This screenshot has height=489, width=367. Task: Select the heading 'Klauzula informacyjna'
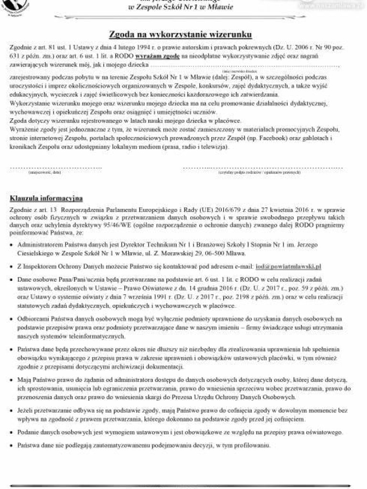pyautogui.click(x=46, y=198)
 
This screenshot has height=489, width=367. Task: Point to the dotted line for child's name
pyautogui.click(x=244, y=65)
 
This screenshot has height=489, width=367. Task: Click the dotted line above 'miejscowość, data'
pyautogui.click(x=56, y=168)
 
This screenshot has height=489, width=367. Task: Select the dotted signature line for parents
pyautogui.click(x=242, y=168)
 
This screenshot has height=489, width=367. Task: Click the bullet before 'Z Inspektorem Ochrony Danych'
pyautogui.click(x=12, y=266)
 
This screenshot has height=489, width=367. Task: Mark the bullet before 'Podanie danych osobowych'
pyautogui.click(x=12, y=432)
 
